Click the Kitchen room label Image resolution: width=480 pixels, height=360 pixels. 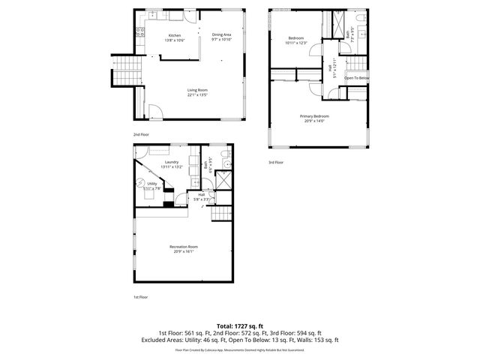(x=175, y=35)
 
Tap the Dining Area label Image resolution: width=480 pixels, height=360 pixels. (x=221, y=34)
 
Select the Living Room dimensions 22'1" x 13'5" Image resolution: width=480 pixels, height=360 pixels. (x=197, y=95)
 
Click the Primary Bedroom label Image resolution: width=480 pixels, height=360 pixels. (x=314, y=116)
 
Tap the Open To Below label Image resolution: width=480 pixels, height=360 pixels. (x=356, y=78)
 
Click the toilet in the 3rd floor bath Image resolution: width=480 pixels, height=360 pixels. (x=361, y=17)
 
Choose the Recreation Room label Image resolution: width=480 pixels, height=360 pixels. (x=183, y=247)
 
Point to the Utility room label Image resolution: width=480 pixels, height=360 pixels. (x=151, y=183)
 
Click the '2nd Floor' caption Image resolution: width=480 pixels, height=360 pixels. (x=141, y=134)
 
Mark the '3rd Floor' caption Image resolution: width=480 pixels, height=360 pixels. (x=276, y=162)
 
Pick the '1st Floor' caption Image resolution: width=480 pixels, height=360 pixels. (x=141, y=298)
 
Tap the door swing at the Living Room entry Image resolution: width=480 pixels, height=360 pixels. (x=154, y=112)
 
